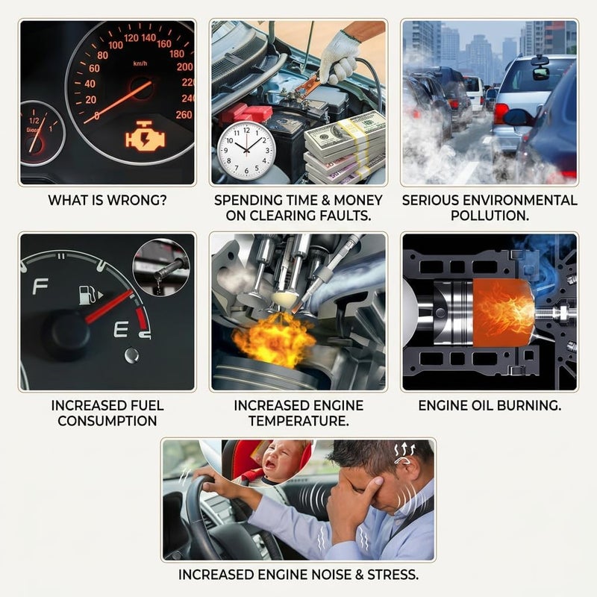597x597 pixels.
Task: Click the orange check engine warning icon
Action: [146, 137]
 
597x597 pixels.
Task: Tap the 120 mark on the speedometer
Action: [131, 38]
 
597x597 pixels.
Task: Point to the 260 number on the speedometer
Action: [184, 115]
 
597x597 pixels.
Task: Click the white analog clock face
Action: [246, 150]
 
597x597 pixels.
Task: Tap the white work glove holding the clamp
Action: [340, 57]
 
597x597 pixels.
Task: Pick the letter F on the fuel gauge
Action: [40, 287]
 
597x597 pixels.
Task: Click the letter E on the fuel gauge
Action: [121, 329]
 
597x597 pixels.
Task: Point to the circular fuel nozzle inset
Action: [161, 267]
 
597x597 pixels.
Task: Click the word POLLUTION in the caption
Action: [490, 216]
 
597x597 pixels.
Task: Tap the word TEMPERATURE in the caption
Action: [298, 421]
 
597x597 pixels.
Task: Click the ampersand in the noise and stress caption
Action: [360, 575]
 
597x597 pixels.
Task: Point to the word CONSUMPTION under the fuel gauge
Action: [107, 421]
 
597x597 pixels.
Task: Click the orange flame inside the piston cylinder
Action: [503, 311]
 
